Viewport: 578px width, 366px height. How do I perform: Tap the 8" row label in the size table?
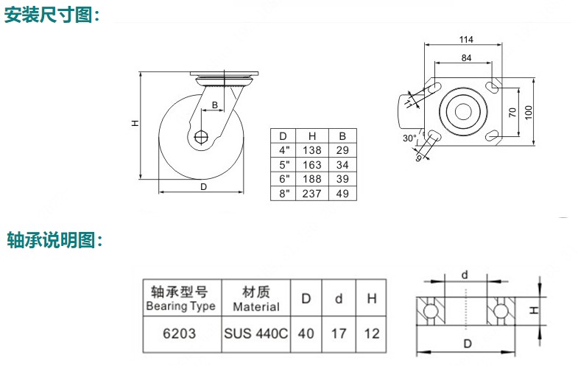point(282,193)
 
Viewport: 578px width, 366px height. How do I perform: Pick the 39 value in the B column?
point(342,178)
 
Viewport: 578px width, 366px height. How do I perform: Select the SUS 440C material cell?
point(255,334)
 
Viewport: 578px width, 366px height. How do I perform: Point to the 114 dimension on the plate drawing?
point(465,39)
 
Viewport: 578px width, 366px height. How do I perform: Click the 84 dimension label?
point(466,57)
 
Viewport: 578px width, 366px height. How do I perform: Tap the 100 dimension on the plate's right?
point(529,112)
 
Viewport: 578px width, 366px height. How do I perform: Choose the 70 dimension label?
point(512,112)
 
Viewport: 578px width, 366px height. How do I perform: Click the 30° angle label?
point(409,138)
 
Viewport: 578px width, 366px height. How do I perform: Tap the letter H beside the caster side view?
point(135,124)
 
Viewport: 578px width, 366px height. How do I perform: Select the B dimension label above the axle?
point(214,105)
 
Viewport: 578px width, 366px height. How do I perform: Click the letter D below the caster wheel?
point(203,188)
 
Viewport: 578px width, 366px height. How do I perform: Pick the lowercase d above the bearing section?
point(465,275)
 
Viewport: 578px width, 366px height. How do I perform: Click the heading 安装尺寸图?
point(52,15)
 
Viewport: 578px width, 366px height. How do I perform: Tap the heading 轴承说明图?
point(52,240)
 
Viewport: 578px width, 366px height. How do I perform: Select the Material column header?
point(255,299)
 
